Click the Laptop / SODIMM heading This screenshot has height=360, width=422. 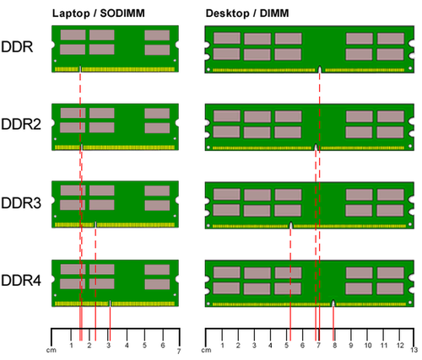99,13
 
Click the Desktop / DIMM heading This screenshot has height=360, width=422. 247,13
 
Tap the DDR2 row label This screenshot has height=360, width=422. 21,124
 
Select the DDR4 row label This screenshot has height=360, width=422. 21,280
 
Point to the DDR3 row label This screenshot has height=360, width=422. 21,202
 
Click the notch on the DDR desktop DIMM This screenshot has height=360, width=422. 320,69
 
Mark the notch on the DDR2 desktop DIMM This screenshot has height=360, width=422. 316,148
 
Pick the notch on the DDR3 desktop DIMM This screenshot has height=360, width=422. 290,225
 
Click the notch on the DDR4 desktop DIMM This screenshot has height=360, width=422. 333,304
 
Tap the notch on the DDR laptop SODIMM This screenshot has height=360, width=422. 80,69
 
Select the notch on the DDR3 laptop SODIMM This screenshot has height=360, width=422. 95,224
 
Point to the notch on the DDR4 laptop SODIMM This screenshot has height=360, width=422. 110,304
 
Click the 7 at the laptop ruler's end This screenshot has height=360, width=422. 179,351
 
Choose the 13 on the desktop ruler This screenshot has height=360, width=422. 414,350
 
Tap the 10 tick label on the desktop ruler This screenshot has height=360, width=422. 368,345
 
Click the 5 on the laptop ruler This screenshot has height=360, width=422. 144,345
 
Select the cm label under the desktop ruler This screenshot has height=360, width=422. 206,350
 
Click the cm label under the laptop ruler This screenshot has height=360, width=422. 51,350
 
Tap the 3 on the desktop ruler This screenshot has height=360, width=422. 254,345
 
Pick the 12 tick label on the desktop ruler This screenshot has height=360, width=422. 400,345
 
